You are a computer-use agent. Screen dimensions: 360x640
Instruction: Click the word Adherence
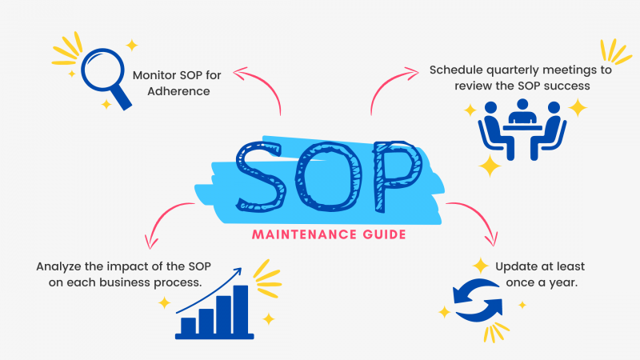[x=171, y=91]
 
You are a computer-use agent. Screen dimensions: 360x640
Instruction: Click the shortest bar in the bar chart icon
[x=189, y=326]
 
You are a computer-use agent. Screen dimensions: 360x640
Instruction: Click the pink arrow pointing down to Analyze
[x=164, y=216]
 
